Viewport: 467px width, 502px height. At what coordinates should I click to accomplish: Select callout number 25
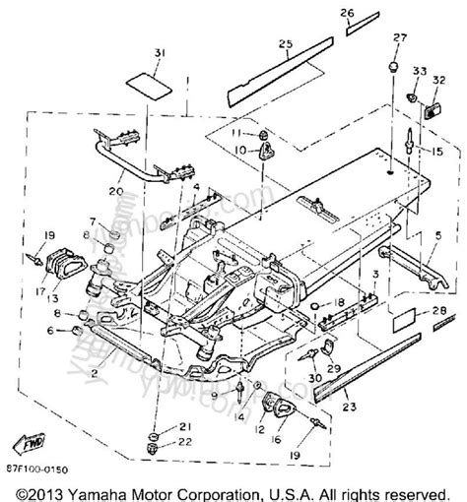285,43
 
